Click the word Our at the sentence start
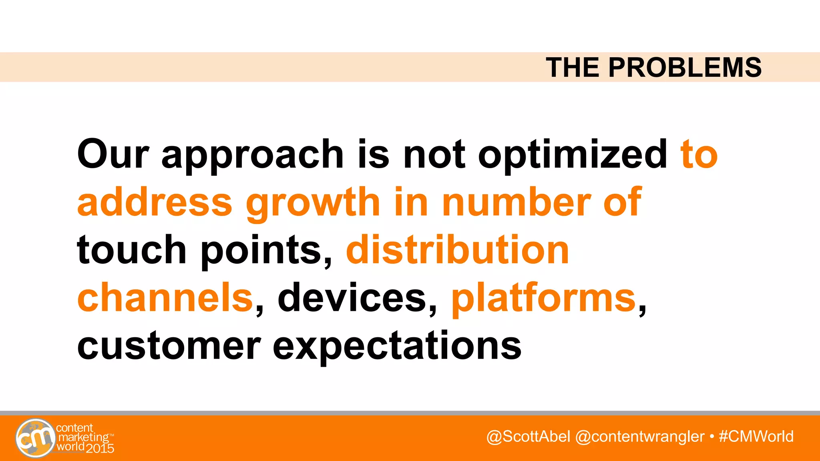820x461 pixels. pyautogui.click(x=113, y=154)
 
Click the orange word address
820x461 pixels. pyautogui.click(x=155, y=202)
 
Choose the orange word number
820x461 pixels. pyautogui.click(x=516, y=202)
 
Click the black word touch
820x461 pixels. pyautogui.click(x=132, y=250)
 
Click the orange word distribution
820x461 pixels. pyautogui.click(x=457, y=250)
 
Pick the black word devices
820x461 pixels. pyautogui.click(x=352, y=297)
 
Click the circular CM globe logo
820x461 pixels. pyautogui.click(x=36, y=438)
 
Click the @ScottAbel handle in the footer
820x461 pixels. pyautogui.click(x=528, y=437)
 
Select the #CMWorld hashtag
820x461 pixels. pyautogui.click(x=756, y=437)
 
